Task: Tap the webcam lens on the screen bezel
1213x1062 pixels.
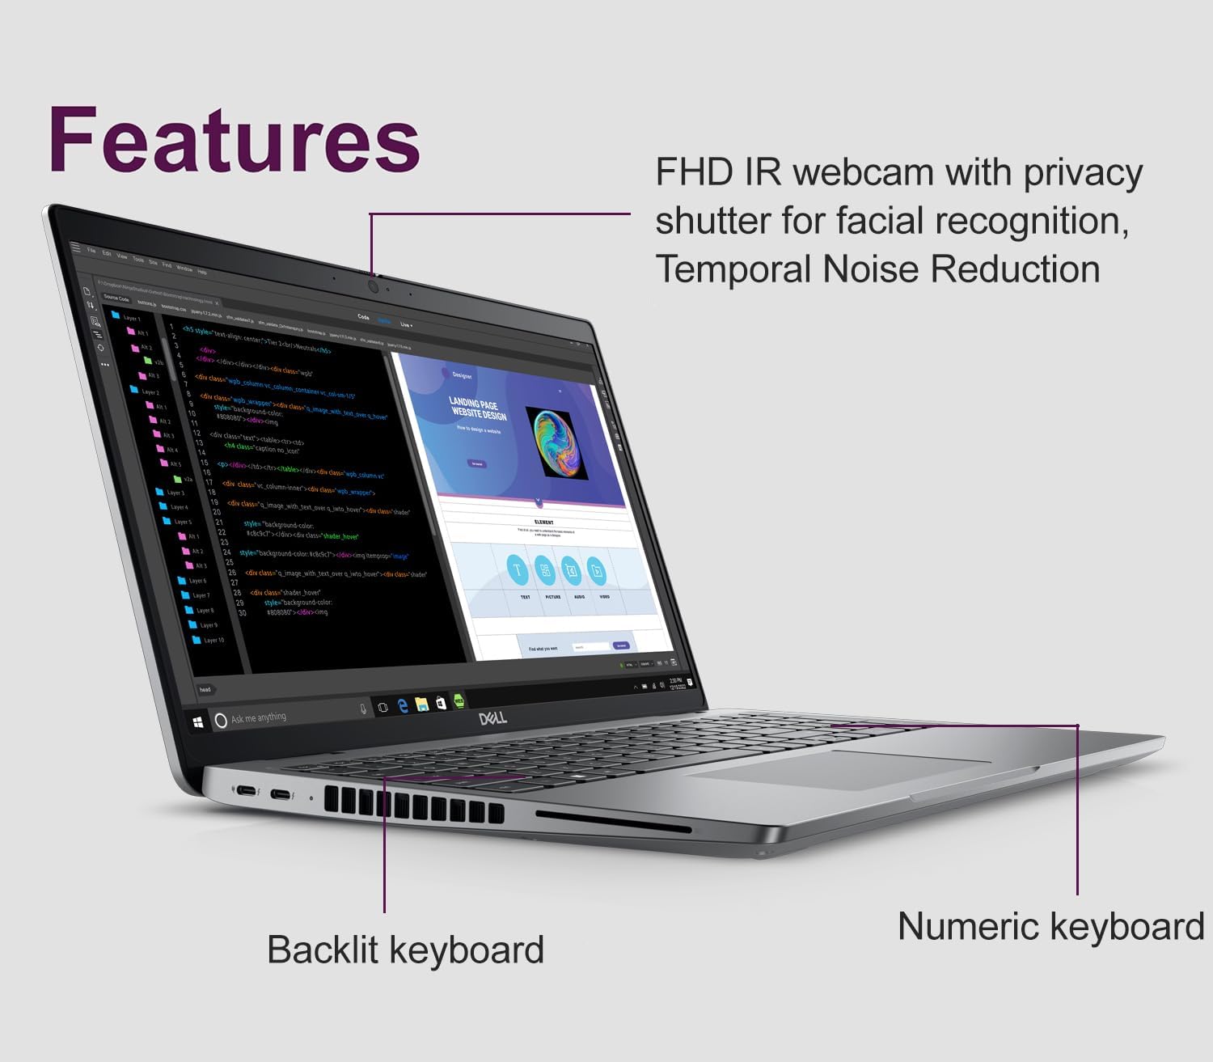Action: point(374,286)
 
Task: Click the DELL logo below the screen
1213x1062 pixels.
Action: point(492,717)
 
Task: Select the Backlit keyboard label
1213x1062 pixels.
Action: point(405,950)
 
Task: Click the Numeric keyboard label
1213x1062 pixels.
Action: point(1050,926)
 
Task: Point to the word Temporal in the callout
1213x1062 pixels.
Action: point(733,269)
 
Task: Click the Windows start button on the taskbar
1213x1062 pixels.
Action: point(199,721)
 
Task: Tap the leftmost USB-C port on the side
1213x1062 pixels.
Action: point(246,790)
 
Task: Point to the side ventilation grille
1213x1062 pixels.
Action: point(413,805)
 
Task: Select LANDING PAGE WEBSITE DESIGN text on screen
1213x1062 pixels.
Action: point(477,408)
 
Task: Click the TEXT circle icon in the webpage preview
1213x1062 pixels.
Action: point(518,570)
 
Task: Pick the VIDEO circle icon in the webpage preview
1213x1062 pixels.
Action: point(597,572)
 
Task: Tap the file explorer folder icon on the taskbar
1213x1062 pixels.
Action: point(421,704)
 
